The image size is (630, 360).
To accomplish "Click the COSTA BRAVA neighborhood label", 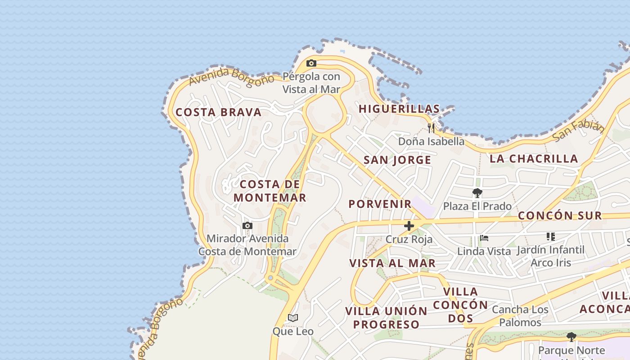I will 219,112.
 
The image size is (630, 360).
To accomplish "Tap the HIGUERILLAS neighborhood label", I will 399,109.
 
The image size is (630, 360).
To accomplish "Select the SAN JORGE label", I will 397,160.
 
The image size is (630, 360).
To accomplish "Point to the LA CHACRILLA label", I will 534,158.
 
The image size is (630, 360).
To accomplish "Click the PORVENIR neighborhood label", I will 380,204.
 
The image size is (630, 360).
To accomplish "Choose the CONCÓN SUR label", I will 560,216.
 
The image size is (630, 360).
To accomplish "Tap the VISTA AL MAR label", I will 392,263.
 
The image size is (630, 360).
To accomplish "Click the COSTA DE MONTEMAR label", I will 270,191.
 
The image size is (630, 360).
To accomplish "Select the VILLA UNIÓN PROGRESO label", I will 386,318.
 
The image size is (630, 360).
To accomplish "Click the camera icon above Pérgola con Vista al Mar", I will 311,63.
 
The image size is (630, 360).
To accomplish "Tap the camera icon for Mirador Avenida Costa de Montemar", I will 247,225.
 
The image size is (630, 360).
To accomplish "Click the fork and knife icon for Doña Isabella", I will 431,128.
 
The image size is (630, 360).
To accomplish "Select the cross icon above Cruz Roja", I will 409,226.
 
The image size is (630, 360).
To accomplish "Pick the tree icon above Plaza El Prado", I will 477,193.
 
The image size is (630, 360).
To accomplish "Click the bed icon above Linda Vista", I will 484,238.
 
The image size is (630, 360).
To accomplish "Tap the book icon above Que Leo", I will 293,318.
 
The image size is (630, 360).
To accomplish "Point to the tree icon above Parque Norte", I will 571,337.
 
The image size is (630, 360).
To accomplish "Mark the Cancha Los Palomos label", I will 520,316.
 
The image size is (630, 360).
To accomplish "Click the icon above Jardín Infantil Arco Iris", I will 551,236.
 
